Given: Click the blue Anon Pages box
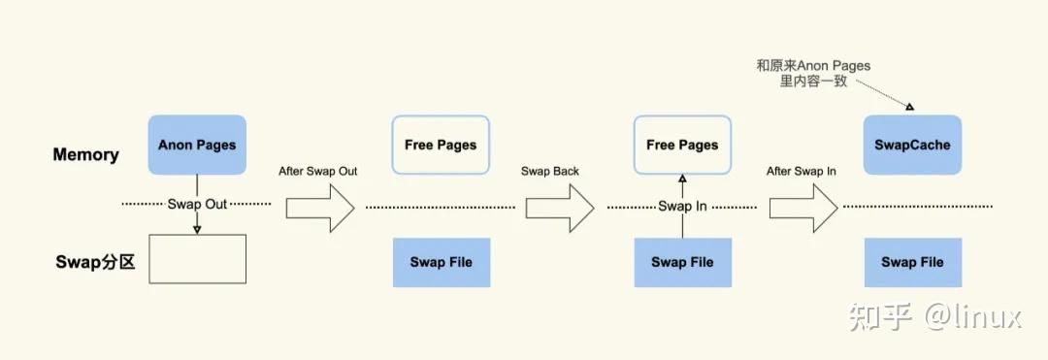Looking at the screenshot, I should click(x=197, y=145).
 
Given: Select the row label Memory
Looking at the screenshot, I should click(x=85, y=154).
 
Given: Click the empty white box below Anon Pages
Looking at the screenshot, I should click(x=197, y=259).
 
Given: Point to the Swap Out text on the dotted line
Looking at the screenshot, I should click(x=198, y=205).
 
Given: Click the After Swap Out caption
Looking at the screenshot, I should click(x=317, y=171).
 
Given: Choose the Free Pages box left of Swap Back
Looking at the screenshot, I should click(x=441, y=145).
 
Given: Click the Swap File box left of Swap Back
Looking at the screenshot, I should click(x=441, y=262).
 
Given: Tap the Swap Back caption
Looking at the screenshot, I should click(x=549, y=171).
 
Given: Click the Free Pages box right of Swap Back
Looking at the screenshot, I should click(x=682, y=145).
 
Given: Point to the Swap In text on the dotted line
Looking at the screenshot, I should click(x=682, y=206).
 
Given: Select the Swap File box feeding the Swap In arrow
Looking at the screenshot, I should click(x=682, y=262).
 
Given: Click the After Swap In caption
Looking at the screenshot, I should click(x=802, y=171).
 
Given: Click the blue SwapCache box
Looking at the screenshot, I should click(x=912, y=145).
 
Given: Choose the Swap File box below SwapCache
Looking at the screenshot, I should click(x=912, y=262).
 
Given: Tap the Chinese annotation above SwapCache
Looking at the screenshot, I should click(x=813, y=74).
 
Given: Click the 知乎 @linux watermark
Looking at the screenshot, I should click(x=934, y=315).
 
